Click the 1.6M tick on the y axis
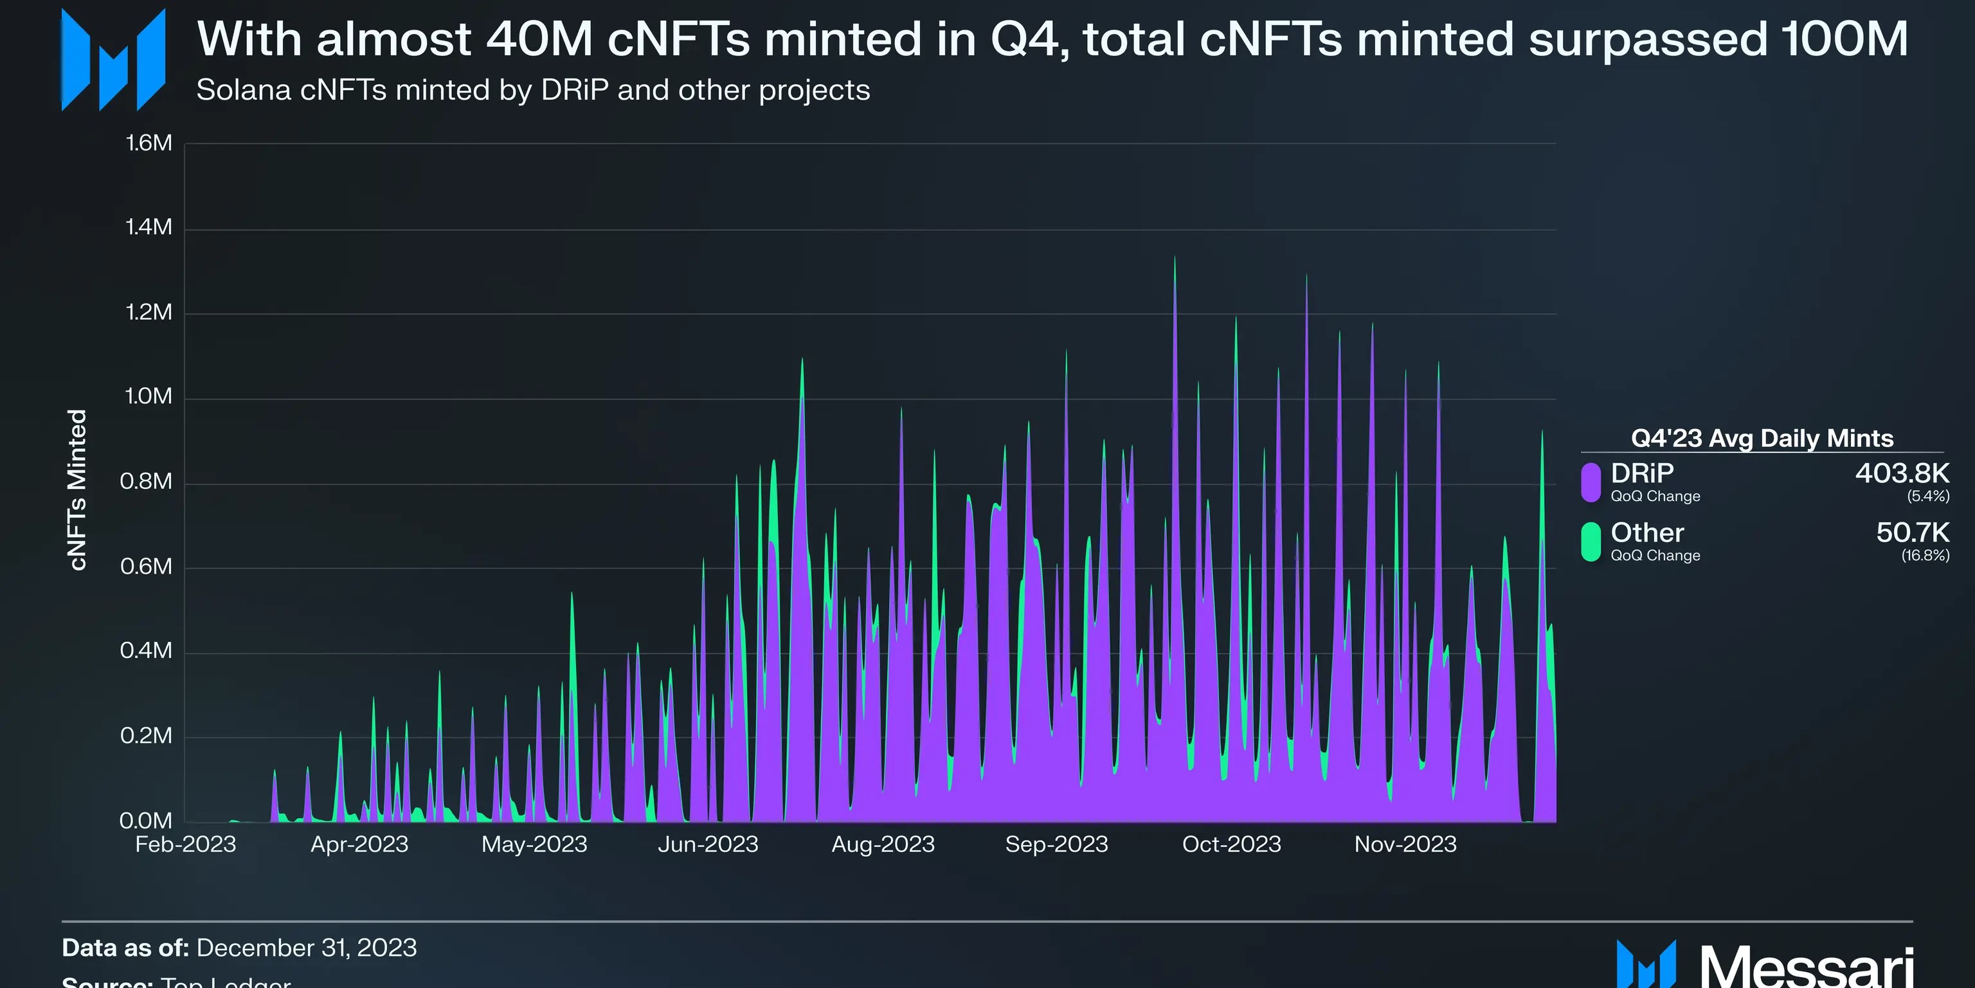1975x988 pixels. (x=149, y=143)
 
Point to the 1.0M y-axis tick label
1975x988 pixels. (x=149, y=397)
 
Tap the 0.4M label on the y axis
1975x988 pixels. (x=147, y=650)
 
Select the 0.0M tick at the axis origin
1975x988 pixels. (x=147, y=820)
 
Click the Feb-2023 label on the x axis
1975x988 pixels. (x=186, y=845)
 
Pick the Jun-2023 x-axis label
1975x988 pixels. (x=708, y=845)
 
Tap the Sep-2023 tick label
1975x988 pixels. (x=1056, y=845)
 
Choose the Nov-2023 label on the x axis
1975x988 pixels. (x=1405, y=845)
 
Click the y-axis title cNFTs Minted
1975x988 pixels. (x=77, y=489)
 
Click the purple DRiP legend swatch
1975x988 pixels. (x=1591, y=482)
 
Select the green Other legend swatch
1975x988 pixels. (x=1591, y=542)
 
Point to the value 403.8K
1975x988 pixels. (x=1902, y=473)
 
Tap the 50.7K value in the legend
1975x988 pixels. (x=1912, y=533)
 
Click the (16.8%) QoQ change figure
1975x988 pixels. (x=1924, y=555)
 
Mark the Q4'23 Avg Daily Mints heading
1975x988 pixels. (x=1762, y=438)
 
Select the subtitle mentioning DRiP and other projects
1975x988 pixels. (x=533, y=91)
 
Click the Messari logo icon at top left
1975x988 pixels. (x=113, y=60)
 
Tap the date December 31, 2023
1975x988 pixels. (x=307, y=948)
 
